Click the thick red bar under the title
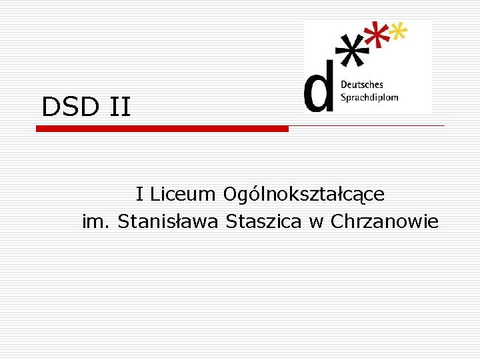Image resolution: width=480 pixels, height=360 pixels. [x=162, y=129]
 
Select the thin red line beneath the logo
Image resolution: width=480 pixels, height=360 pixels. [x=367, y=125]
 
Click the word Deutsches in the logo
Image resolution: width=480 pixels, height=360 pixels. [x=362, y=85]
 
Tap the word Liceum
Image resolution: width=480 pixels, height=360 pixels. [x=183, y=195]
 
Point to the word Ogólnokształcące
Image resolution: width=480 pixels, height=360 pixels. [x=303, y=195]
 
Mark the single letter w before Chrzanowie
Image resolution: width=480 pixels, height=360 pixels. [x=315, y=222]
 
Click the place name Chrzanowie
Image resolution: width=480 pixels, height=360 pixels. [x=385, y=221]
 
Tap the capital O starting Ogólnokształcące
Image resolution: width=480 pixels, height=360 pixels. [x=231, y=195]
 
